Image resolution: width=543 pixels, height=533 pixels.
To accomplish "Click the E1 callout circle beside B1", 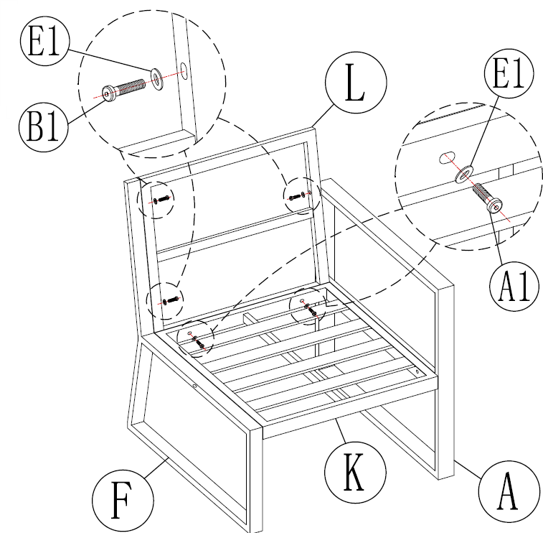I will (x=45, y=45).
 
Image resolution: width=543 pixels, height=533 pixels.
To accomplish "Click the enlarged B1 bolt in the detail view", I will (x=125, y=89).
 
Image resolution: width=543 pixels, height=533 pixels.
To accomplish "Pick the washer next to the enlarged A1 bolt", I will (x=465, y=172).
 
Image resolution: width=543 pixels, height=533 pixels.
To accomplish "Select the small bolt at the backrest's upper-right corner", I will (x=296, y=195).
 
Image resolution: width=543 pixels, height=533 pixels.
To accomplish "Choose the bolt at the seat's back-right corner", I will (x=311, y=309).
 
